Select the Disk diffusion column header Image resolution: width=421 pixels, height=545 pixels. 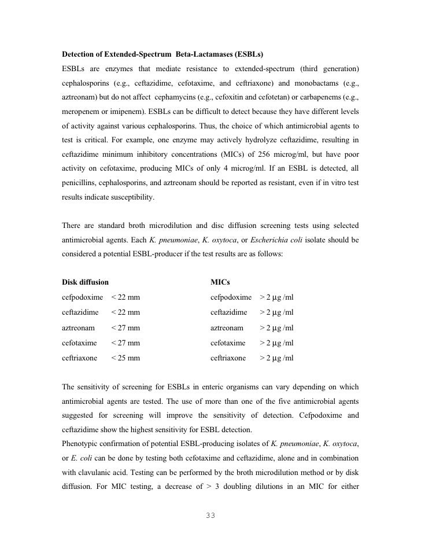coord(85,282)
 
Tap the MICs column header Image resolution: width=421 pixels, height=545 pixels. coord(220,282)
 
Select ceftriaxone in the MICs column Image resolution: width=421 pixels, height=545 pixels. coord(228,358)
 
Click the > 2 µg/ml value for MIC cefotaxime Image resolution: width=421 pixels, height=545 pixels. coord(276,343)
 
